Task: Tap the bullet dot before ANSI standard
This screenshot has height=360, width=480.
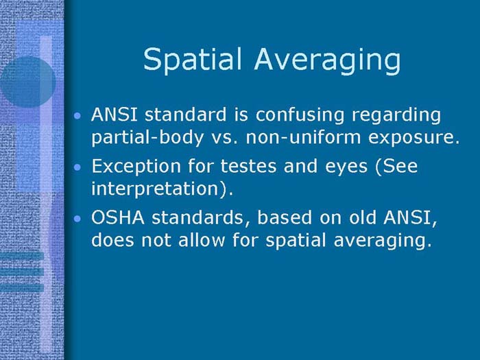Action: (x=79, y=116)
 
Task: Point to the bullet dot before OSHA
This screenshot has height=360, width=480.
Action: (x=79, y=219)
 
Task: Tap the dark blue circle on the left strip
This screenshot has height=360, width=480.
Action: (x=27, y=82)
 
